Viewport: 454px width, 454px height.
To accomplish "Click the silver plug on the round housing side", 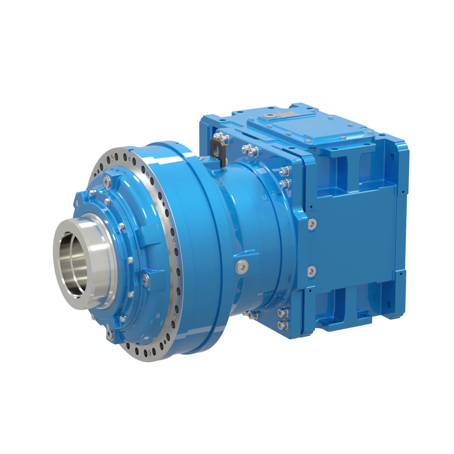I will coord(242,265).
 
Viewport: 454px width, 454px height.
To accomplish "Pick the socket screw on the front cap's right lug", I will coord(144,276).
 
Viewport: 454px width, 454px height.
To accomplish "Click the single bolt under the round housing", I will coord(251,315).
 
